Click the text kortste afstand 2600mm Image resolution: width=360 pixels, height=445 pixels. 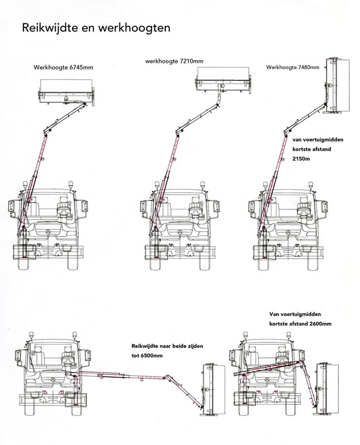click(x=300, y=324)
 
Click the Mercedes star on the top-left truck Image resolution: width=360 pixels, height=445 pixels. click(x=51, y=231)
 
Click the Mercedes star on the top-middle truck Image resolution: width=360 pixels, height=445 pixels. click(x=176, y=231)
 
